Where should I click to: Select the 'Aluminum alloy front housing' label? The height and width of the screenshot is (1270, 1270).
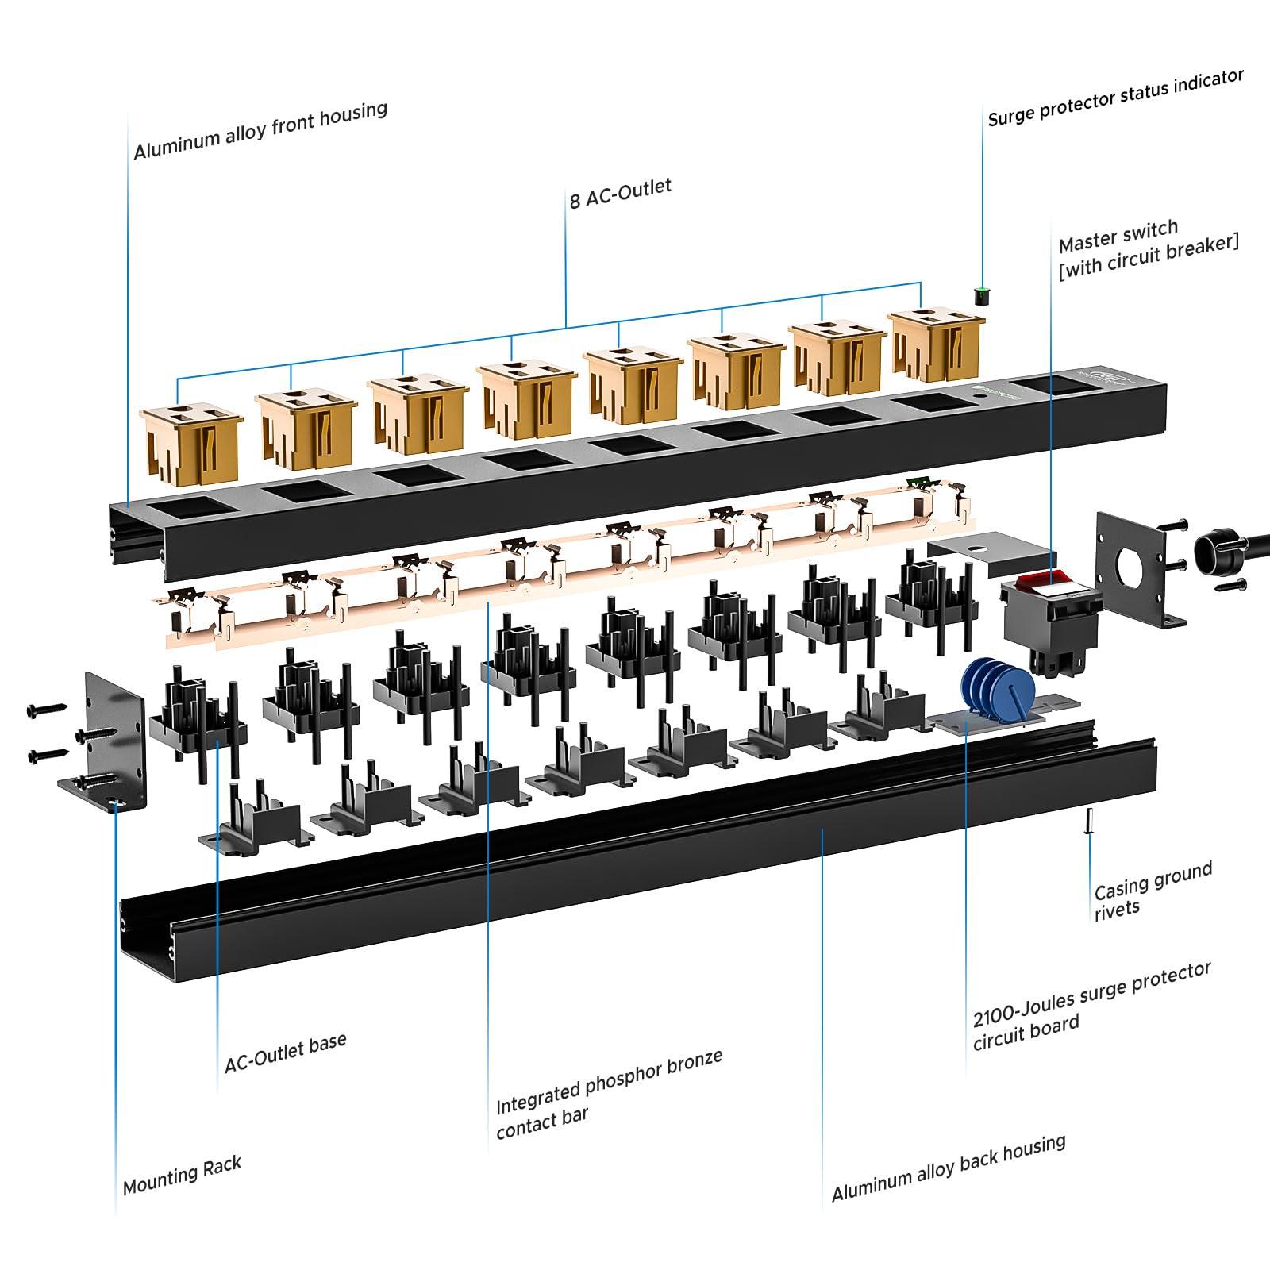(260, 130)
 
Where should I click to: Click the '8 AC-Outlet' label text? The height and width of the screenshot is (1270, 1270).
(620, 193)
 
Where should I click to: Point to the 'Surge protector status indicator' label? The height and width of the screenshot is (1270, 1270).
(1115, 98)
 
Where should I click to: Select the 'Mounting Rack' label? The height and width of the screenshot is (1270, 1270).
(182, 1176)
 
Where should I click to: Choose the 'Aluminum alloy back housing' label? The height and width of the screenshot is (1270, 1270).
(948, 1168)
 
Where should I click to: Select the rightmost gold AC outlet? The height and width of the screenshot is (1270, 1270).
(937, 344)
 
